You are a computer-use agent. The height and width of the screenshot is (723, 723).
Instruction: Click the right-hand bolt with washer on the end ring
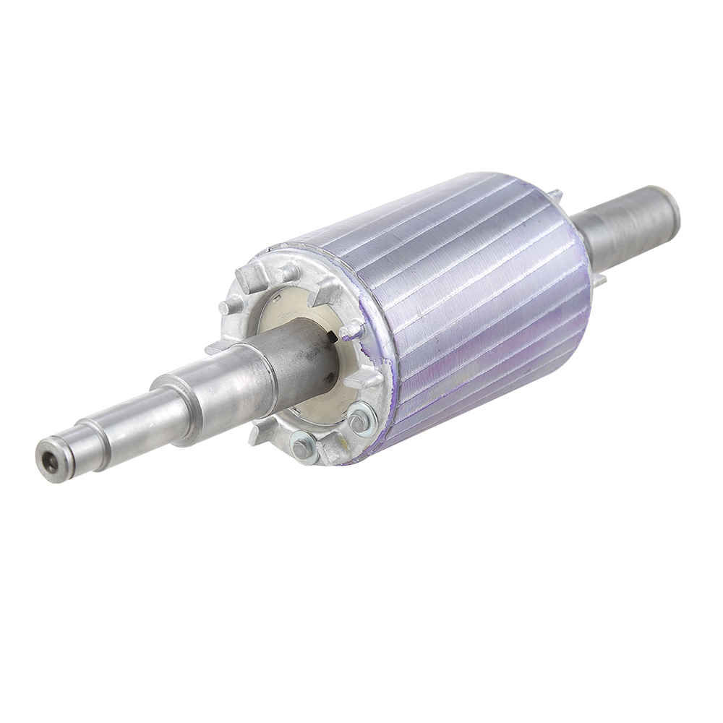coord(359,419)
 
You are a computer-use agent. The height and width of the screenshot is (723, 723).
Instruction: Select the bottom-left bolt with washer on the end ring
coord(302,448)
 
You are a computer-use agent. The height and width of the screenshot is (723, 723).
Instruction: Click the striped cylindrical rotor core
coord(470,304)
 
